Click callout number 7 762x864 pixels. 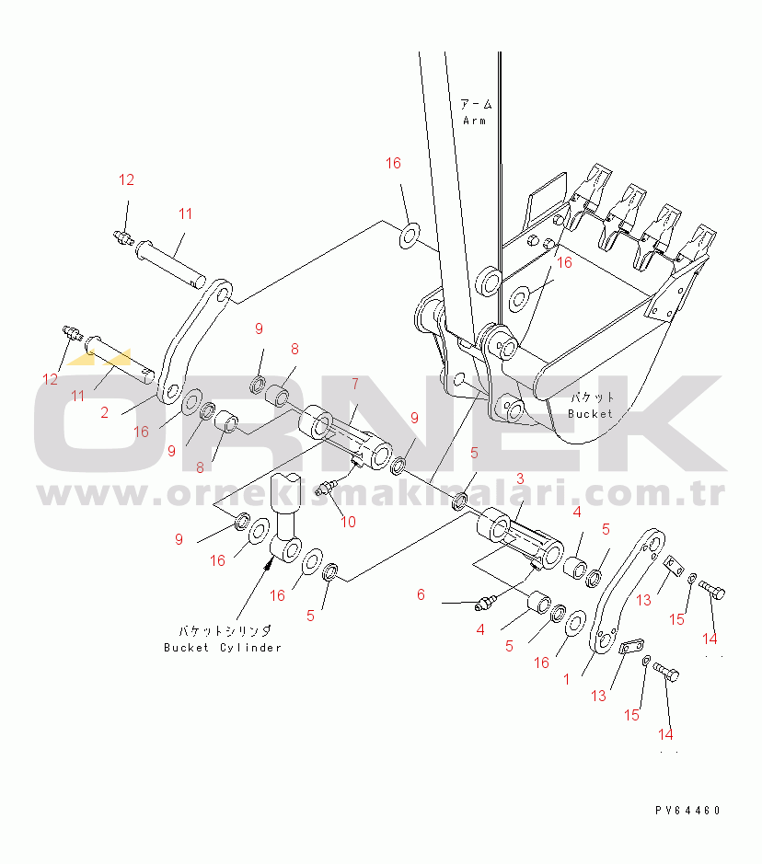(x=355, y=384)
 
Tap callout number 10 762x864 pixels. (x=348, y=522)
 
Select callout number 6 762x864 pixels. (x=421, y=594)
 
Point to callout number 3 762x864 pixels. (x=520, y=478)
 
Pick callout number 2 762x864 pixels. (x=105, y=412)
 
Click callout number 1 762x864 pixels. (x=566, y=679)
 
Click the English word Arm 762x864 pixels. (x=474, y=121)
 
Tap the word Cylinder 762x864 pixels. (x=250, y=648)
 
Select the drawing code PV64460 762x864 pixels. (x=687, y=810)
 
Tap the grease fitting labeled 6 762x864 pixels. (x=486, y=603)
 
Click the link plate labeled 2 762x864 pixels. (x=194, y=341)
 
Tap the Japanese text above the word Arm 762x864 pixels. (x=476, y=104)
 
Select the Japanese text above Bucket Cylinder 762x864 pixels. (x=225, y=631)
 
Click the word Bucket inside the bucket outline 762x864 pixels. (x=590, y=414)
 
